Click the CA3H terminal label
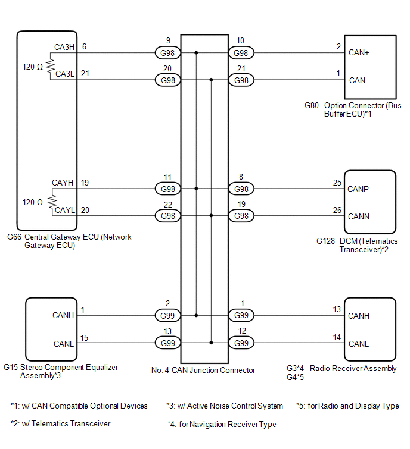64,47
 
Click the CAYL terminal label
64,210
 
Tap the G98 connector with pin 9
167,54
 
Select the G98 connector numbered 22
167,216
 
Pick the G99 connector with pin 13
167,343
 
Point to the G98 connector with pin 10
241,54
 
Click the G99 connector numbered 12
241,343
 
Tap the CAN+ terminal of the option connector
359,53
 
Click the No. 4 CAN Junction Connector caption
203,370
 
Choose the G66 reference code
14,237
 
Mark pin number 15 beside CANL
85,338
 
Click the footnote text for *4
222,424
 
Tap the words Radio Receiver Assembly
358,368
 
